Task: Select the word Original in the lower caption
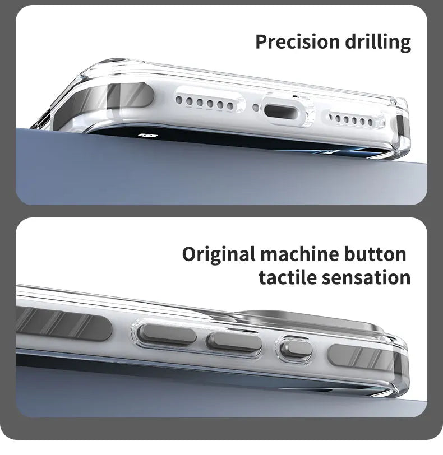(218, 254)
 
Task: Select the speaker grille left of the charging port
(205, 103)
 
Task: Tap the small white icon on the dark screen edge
(148, 135)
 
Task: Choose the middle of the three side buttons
(234, 342)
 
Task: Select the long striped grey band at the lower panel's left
(62, 325)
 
